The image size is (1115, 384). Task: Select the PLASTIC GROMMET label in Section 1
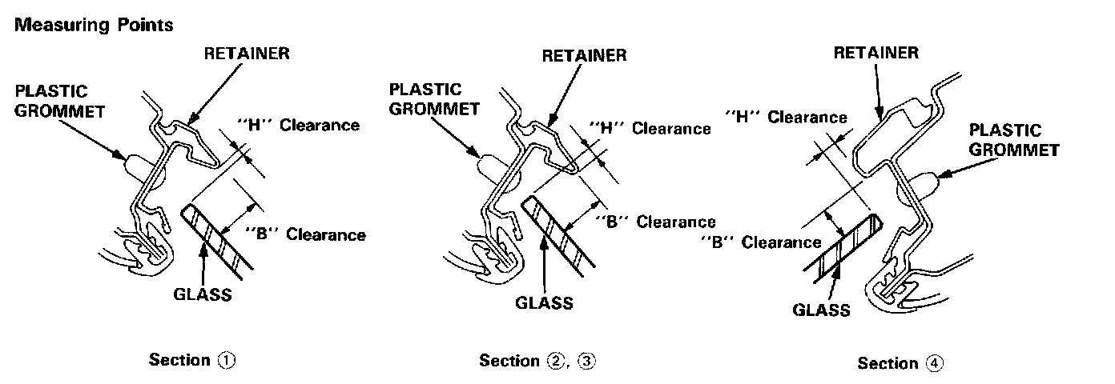[x=50, y=101]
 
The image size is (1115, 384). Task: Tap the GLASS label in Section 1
[x=203, y=294]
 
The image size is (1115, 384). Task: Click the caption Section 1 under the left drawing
[x=193, y=360]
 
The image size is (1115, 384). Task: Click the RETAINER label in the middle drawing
[x=585, y=56]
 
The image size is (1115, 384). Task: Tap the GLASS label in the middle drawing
[x=544, y=302]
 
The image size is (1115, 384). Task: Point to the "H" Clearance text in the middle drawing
[x=650, y=127]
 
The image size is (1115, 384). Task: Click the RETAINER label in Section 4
[x=875, y=54]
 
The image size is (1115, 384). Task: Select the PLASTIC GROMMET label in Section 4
[x=1015, y=139]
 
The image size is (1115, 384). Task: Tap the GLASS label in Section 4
[x=821, y=310]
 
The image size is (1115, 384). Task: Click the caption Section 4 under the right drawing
[x=901, y=363]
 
